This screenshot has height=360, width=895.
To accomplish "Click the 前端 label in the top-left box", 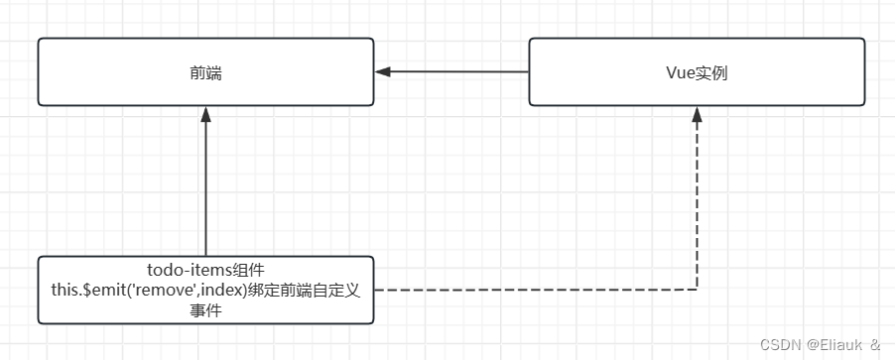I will (205, 72).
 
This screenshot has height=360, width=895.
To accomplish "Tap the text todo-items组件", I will (205, 270).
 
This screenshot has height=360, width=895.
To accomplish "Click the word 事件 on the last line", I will (205, 309).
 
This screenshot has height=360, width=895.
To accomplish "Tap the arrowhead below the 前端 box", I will (205, 114).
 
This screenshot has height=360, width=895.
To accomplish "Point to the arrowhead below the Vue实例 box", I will (697, 114).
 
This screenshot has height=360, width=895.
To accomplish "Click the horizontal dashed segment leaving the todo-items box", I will (536, 290).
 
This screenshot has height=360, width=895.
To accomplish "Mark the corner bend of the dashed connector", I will (697, 290).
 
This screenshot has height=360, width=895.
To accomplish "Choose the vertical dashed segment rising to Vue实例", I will (697, 208).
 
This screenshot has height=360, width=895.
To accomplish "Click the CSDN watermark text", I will (780, 344).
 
